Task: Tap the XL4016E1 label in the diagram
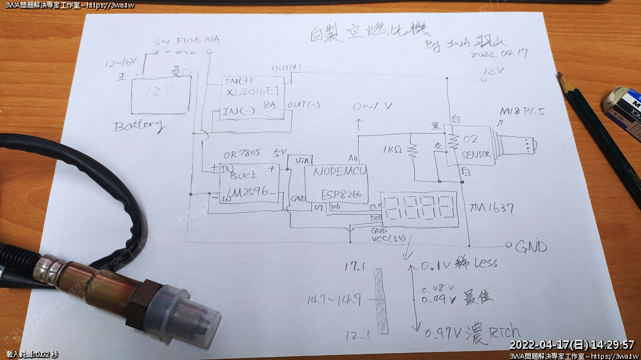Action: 250,91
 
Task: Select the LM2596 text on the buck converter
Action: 249,192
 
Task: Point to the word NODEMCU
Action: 339,171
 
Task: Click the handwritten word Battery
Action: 139,125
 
